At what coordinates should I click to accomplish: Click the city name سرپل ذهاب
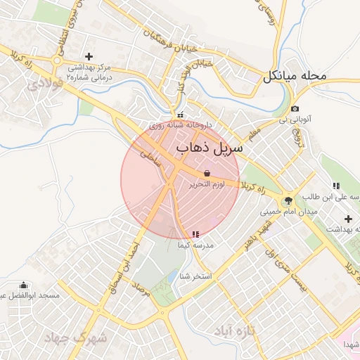coord(209,148)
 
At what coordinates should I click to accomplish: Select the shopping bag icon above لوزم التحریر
coord(207,172)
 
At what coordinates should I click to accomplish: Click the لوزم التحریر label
coord(207,184)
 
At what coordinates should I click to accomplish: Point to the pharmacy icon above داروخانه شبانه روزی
coord(181,115)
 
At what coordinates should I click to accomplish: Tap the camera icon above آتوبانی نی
coord(295,109)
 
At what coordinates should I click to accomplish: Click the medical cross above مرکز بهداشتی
coord(89,56)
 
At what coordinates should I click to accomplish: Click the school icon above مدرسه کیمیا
coord(195,234)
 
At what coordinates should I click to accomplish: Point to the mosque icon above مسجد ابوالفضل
coord(25,285)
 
